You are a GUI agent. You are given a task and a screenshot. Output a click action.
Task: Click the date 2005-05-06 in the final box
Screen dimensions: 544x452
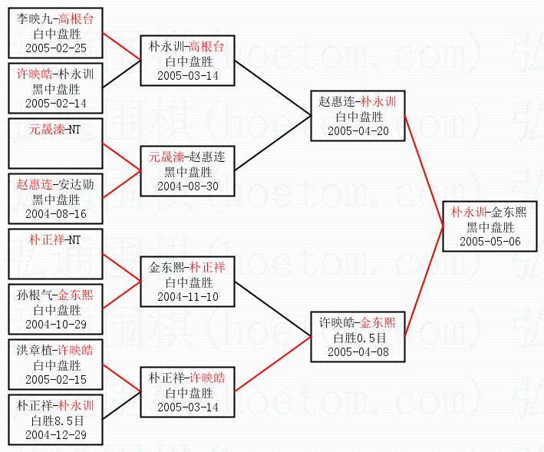[x=490, y=242]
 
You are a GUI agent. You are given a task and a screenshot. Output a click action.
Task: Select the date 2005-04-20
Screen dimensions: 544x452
[x=358, y=130]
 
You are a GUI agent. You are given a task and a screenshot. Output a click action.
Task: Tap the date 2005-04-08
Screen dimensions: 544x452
[x=358, y=351]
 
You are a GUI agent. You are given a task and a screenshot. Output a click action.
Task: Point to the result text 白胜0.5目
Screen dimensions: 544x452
[x=359, y=338]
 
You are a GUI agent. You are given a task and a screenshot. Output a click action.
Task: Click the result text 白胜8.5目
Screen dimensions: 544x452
[x=58, y=421]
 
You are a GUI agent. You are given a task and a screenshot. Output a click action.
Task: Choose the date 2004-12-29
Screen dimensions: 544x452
[x=56, y=434]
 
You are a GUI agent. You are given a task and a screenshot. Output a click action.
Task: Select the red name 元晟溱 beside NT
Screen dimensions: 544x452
[x=47, y=130]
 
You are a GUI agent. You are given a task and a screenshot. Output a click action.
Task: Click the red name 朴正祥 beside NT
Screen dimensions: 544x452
[x=47, y=239]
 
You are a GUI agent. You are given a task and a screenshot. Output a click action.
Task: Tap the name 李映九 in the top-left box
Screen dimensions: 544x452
[x=34, y=18]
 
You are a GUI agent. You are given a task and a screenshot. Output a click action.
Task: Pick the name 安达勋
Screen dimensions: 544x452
[x=76, y=184]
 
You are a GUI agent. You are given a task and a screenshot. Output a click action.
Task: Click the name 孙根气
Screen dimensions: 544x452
[x=34, y=295]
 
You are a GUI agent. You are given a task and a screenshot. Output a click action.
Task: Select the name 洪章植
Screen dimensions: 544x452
[x=34, y=350]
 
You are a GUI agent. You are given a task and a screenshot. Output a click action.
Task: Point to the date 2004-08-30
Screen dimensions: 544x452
[x=188, y=186]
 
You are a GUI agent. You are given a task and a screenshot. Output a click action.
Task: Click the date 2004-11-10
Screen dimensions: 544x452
[x=188, y=296]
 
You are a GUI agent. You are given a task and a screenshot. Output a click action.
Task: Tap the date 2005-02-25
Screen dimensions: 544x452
[x=56, y=48]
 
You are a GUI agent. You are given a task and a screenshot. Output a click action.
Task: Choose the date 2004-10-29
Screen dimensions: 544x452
[x=56, y=325]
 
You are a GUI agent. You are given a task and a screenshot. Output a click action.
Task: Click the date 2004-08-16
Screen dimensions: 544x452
[x=56, y=213]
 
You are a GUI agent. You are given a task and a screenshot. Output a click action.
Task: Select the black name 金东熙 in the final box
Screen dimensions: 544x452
[x=509, y=212]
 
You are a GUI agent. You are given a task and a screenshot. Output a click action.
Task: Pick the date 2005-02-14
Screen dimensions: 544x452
[x=56, y=103]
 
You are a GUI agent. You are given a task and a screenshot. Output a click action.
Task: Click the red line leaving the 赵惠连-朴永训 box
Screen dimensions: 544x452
[x=424, y=171]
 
